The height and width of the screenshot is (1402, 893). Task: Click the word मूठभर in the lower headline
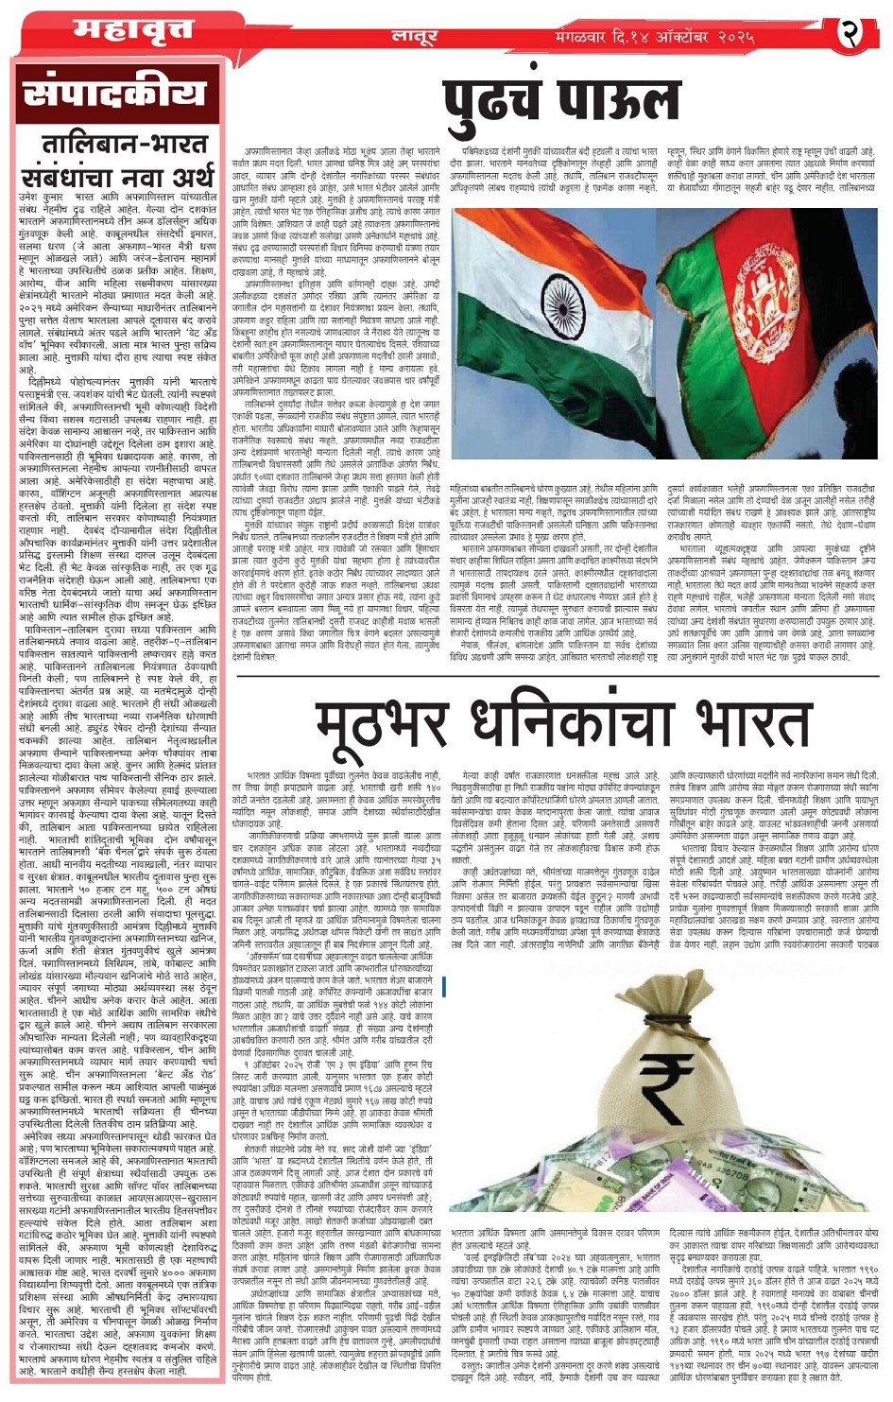pyautogui.click(x=379, y=726)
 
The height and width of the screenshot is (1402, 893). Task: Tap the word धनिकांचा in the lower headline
pyautogui.click(x=561, y=726)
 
